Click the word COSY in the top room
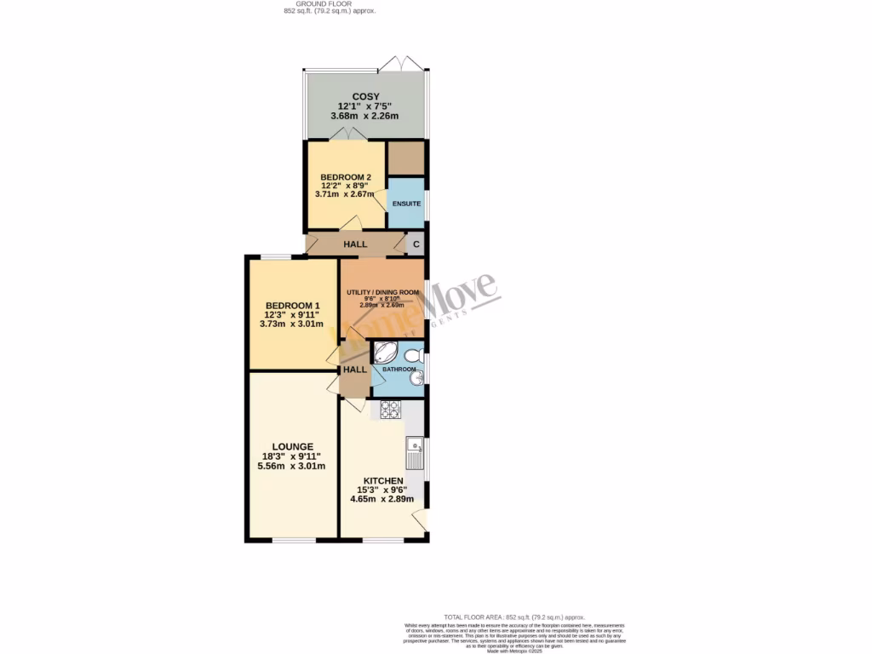(x=366, y=96)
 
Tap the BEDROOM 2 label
(x=346, y=177)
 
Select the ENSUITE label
(x=406, y=204)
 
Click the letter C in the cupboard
(x=416, y=244)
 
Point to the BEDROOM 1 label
(x=292, y=306)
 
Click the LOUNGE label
(x=292, y=446)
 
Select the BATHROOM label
(x=399, y=370)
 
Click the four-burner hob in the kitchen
(x=390, y=410)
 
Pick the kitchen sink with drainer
(x=416, y=453)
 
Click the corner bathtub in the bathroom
(x=386, y=353)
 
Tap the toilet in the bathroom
(x=414, y=354)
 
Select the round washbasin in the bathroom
(x=416, y=381)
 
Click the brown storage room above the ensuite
(x=405, y=158)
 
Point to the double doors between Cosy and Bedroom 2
(x=348, y=135)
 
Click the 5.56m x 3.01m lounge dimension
(x=292, y=466)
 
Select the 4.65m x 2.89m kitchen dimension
(x=381, y=499)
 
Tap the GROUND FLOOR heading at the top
(x=329, y=4)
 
